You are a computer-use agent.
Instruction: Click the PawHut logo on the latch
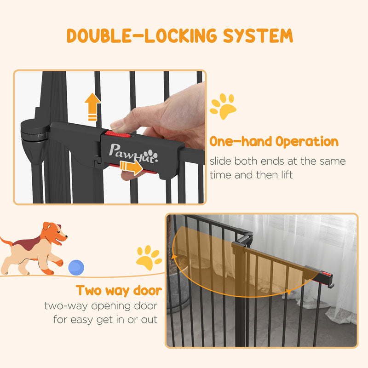point(133,151)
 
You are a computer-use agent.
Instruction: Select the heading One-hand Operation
point(274,142)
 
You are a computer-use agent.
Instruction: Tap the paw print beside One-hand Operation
point(223,106)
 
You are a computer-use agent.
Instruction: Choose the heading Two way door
point(119,291)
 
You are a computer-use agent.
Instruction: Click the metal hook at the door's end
point(331,285)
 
